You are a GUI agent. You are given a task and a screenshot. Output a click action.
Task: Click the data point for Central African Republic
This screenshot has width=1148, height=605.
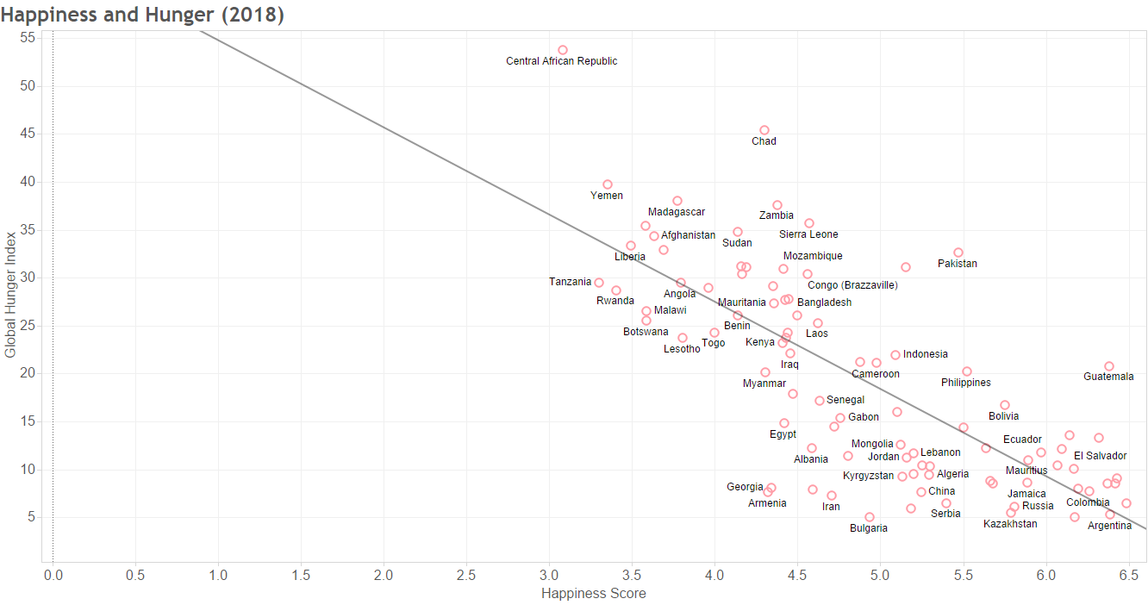pos(563,50)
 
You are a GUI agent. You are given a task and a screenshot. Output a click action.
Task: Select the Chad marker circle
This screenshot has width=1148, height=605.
pos(764,130)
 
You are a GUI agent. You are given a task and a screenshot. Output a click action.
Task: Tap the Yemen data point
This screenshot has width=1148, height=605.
pos(608,184)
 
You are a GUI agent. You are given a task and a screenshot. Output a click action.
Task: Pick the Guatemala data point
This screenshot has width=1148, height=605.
pos(1109,366)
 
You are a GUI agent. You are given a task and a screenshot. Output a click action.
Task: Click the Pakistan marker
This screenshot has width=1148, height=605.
pos(958,253)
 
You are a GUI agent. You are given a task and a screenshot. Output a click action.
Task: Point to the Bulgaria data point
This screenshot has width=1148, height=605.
pos(870,517)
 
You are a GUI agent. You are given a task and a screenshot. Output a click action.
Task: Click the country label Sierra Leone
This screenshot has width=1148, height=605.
pos(808,234)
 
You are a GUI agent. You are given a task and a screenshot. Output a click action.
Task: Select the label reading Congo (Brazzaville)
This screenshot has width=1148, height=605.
pos(852,285)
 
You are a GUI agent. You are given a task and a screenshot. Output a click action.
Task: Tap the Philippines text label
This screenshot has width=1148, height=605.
pos(965,383)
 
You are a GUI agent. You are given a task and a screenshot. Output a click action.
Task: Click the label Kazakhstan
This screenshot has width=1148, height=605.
pos(1010,524)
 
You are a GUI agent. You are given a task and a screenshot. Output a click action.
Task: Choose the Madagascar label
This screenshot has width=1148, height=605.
pos(677,212)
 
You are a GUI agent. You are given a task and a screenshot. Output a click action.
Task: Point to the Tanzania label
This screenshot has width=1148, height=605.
pos(570,282)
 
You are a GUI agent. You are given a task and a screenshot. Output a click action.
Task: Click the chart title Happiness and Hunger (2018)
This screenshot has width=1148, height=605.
pos(142,15)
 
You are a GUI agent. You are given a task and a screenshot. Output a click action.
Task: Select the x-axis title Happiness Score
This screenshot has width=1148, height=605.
pos(593,593)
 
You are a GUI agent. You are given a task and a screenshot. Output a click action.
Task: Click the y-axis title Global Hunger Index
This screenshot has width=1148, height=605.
pos(10,293)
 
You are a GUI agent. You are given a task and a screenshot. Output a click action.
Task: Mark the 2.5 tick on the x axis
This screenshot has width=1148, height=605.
pos(466,575)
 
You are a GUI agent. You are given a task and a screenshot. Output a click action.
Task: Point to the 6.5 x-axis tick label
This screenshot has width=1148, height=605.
pos(1128,575)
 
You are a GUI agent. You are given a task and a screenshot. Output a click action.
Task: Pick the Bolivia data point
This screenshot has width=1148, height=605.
pos(1005,405)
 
